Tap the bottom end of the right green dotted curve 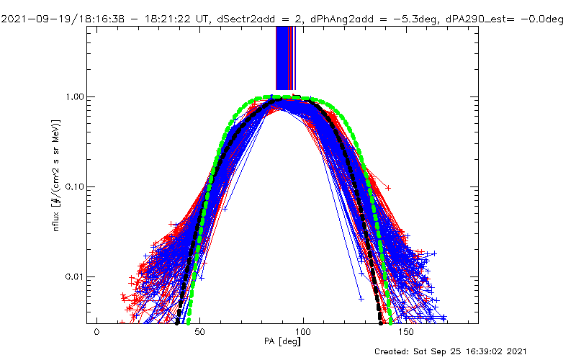391,322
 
